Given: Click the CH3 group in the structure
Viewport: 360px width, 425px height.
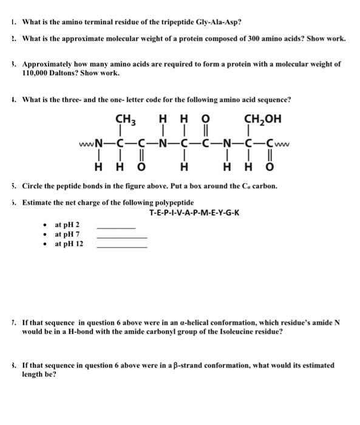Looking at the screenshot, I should pos(124,120).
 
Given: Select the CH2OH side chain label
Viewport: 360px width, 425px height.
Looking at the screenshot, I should pos(262,120).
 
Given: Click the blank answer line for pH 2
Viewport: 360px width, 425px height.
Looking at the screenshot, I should pos(116,228).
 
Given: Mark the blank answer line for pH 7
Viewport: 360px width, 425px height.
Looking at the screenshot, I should pos(121,237).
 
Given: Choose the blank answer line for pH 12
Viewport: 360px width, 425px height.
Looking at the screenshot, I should pos(121,247).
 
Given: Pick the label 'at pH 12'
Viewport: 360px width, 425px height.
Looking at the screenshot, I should pos(69,243).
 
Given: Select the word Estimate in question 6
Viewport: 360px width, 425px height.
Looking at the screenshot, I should pos(38,202).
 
